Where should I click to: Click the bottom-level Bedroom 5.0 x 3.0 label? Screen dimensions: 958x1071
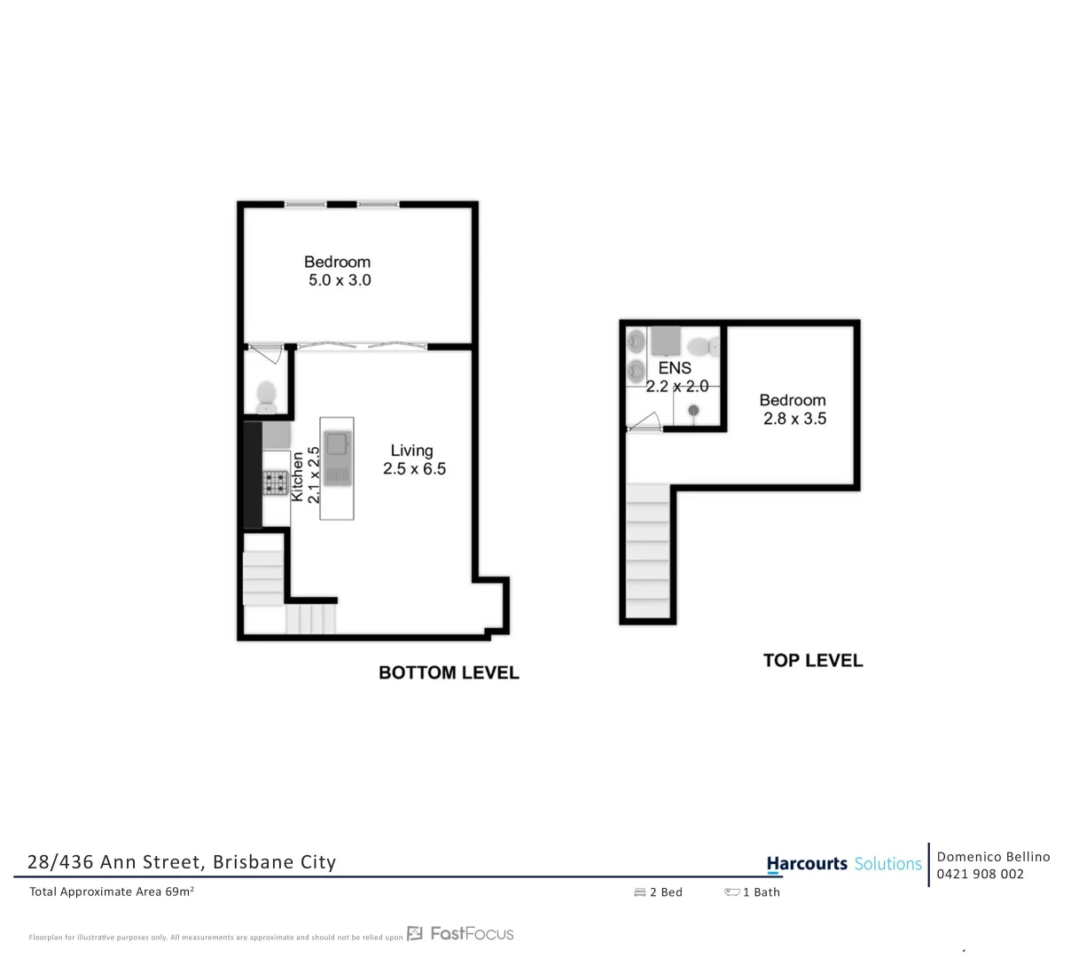[337, 271]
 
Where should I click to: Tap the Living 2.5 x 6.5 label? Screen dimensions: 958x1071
[413, 459]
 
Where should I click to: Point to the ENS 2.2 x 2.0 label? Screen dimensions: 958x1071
[676, 377]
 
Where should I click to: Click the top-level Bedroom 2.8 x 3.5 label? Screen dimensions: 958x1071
[793, 409]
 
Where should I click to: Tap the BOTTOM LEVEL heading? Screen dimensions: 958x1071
[449, 672]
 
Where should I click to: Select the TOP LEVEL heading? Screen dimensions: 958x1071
[812, 660]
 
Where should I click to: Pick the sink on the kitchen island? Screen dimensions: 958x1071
[337, 444]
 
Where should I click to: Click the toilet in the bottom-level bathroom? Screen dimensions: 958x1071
[266, 397]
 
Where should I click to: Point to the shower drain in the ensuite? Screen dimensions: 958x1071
[694, 410]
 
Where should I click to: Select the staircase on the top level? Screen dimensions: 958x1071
[648, 550]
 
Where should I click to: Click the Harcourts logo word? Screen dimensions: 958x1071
[807, 863]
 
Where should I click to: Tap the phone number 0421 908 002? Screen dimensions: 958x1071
[981, 874]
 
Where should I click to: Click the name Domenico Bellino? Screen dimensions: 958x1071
[993, 856]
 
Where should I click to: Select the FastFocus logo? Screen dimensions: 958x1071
[461, 933]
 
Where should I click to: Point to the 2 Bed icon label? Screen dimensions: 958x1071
[659, 892]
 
